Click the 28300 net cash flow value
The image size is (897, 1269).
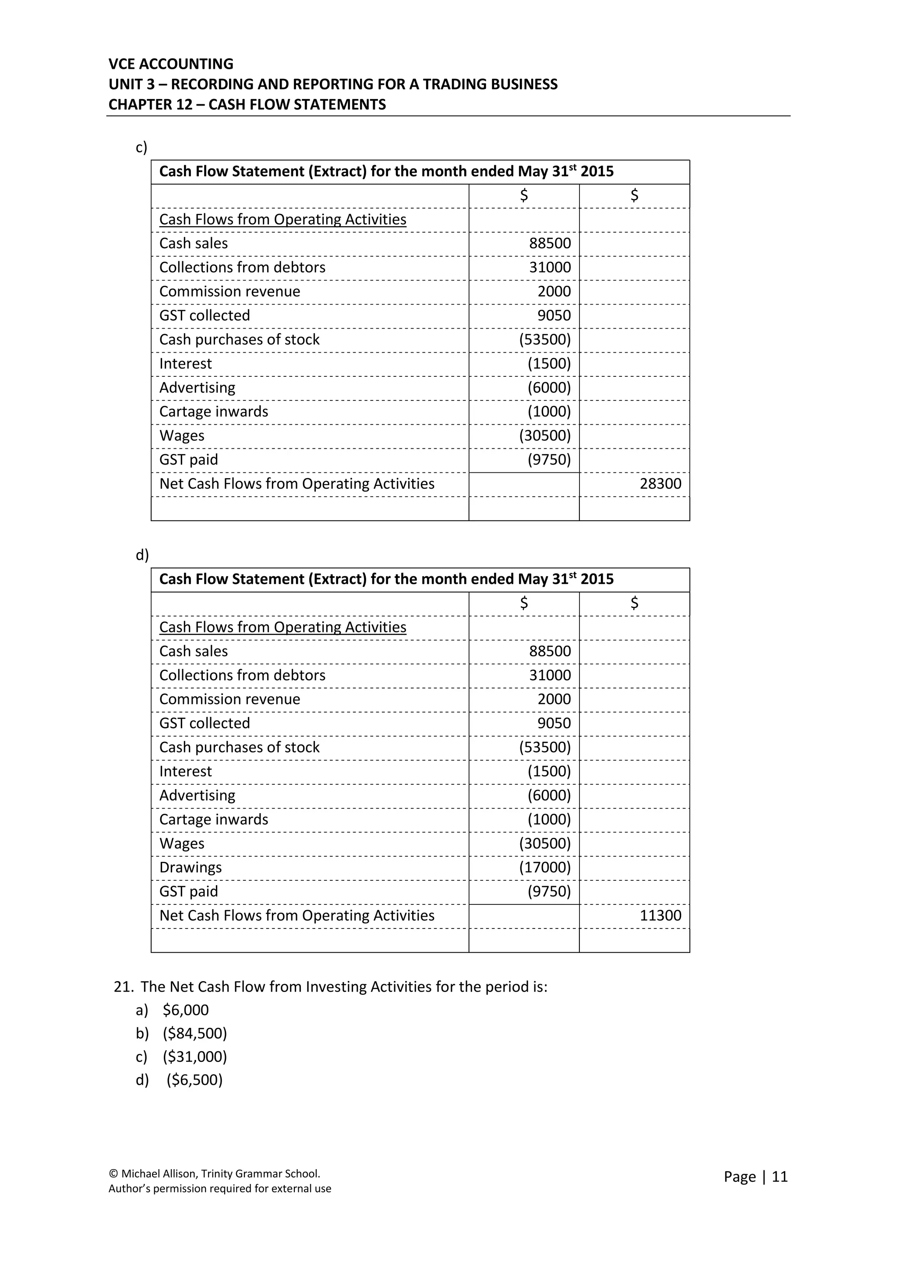660,484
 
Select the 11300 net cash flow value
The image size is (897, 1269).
660,916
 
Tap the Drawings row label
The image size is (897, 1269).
191,868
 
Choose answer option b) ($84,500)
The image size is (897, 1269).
194,1034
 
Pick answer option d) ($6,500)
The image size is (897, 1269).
194,1080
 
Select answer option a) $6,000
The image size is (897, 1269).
186,1010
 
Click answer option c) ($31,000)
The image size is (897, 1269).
194,1057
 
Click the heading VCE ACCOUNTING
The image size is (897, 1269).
171,64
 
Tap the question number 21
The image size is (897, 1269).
123,987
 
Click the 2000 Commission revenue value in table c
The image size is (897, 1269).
554,292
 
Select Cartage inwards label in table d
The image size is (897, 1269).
214,820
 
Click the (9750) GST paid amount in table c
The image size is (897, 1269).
549,460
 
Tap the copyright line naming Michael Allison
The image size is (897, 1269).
214,1174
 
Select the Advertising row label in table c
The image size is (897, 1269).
197,388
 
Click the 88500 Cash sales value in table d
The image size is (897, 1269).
550,652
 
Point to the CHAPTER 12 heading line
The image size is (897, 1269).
247,105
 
